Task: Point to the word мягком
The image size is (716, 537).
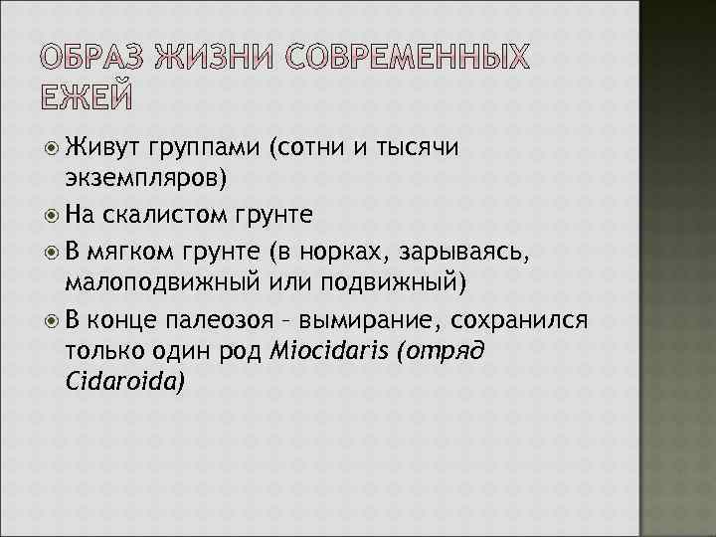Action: click(x=128, y=249)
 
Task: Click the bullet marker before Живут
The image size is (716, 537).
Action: click(x=54, y=150)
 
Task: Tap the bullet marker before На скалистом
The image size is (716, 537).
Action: click(x=54, y=213)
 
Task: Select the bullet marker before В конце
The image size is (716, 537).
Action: click(x=54, y=321)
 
